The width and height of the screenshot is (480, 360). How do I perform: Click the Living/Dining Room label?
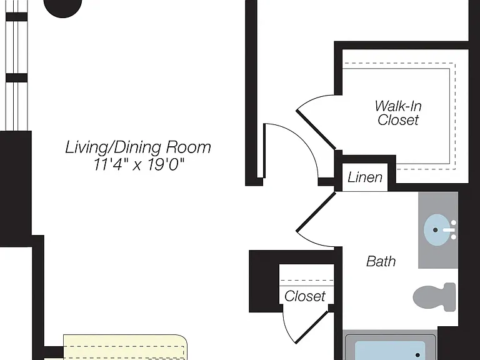coord(138,147)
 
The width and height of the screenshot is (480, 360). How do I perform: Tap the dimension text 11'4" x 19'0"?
coord(139,165)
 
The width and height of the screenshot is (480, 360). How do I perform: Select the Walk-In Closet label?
coord(398,112)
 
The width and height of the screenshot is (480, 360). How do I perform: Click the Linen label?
coord(365,177)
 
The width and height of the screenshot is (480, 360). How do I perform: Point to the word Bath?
coord(381,261)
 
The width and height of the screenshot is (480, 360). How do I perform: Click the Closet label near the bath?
coord(305,296)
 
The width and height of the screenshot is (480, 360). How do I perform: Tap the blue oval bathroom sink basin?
coord(437,229)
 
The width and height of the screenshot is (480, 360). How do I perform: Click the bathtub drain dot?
coord(418,355)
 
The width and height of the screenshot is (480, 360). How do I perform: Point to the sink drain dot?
coord(435,229)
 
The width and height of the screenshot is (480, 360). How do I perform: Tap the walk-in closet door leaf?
coord(316,130)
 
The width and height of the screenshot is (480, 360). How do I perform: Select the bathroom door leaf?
coord(316,211)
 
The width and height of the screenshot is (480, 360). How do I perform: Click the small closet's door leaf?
coord(312,326)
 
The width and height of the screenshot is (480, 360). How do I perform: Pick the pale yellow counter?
coord(125,347)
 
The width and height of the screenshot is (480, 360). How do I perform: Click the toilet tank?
coord(450,296)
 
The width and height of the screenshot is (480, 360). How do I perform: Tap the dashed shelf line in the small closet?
coord(307,280)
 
